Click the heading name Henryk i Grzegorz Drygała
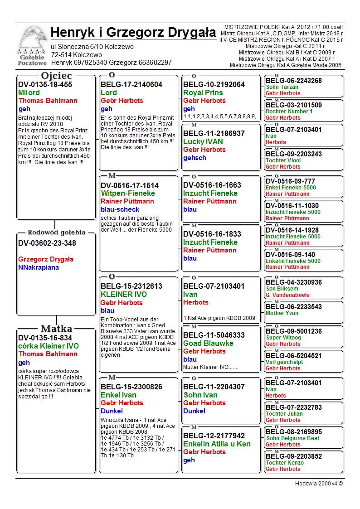pos(133,33)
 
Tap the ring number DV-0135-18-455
pos(45,84)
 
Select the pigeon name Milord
pos(29,92)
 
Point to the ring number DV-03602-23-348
pos(47,243)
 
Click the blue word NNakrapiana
pos(39,267)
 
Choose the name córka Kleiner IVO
pos(49,346)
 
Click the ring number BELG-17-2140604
pos(131,84)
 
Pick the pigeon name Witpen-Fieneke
pos(128,193)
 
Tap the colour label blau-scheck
pos(120,209)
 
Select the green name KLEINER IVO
pos(124,294)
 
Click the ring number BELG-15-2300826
pos(131,387)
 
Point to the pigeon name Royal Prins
pos(203,92)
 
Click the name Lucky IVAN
pos(203,141)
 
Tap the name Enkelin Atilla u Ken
pos(217,444)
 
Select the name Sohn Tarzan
pos(282,87)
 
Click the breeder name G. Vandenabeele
pos(288,295)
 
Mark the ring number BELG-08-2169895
pos(294,432)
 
